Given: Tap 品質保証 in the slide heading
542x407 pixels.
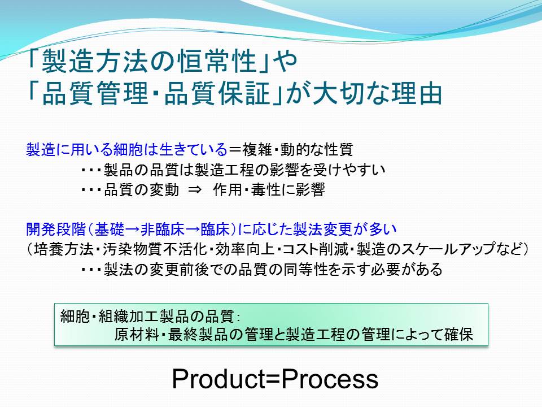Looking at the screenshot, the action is [217, 93].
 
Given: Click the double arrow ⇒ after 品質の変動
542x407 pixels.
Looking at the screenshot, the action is [195, 190].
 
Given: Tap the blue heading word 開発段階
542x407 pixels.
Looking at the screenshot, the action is [56, 229].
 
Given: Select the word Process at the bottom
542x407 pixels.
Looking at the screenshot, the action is [330, 379].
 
